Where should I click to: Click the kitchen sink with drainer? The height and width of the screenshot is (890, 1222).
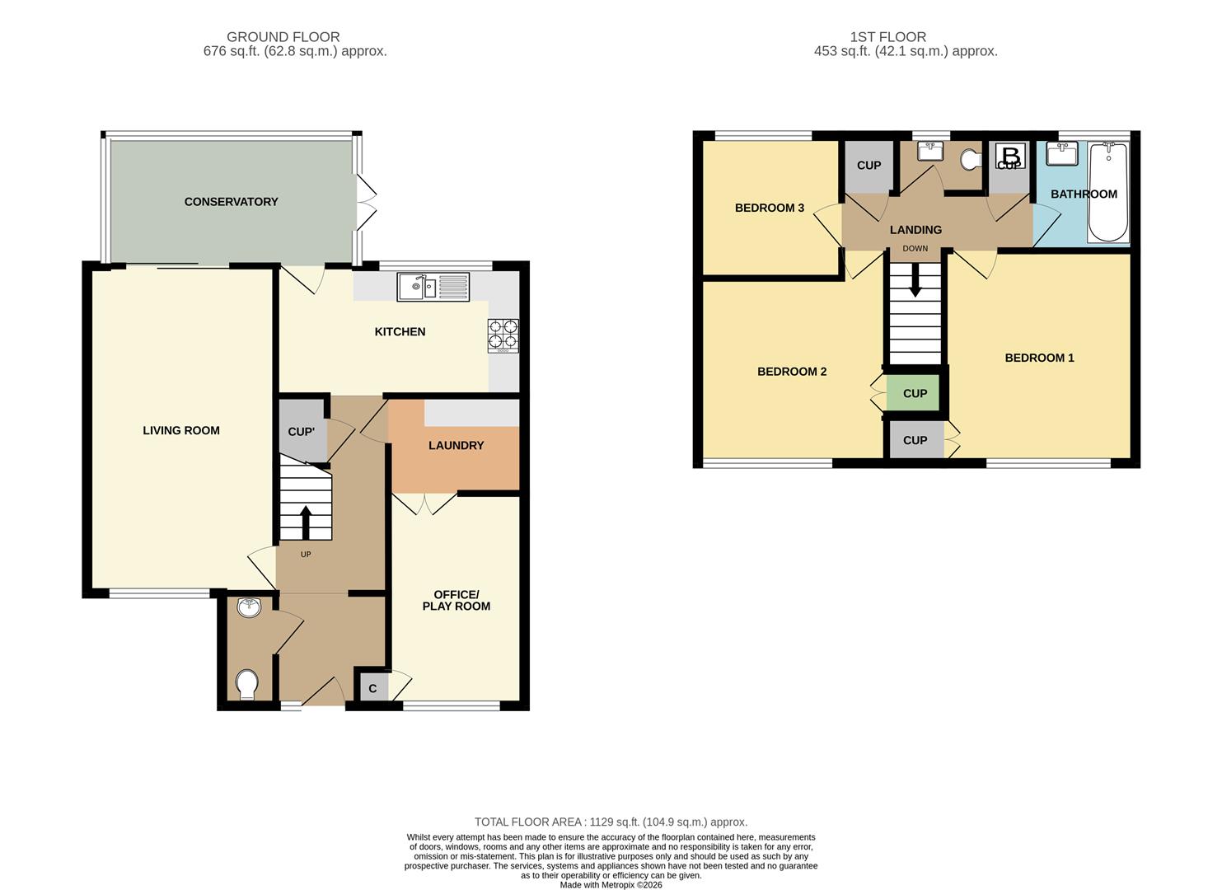pos(433,287)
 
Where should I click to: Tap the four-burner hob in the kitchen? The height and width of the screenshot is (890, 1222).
pos(503,335)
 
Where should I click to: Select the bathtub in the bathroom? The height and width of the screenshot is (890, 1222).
pos(1108,192)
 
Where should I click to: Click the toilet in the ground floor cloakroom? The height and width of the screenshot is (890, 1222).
pos(247,685)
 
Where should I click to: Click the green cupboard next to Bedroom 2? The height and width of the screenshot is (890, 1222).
pos(915,393)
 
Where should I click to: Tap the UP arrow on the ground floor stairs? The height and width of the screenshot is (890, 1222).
pos(306,522)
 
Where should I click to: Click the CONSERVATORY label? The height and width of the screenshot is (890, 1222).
pos(232,202)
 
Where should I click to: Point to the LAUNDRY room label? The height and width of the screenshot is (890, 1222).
pos(456,445)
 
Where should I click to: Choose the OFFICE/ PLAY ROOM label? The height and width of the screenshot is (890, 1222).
pos(456,600)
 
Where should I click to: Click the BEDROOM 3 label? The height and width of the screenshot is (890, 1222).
pos(769,208)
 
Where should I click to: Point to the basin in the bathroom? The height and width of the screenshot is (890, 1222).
pos(1061,153)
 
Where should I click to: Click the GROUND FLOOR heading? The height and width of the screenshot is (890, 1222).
pos(283,37)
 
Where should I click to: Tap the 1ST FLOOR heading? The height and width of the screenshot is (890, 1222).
pos(888,37)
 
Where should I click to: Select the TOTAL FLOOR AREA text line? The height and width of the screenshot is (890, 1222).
pos(611,822)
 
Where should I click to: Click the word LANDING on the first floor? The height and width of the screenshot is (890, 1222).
pos(915,230)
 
